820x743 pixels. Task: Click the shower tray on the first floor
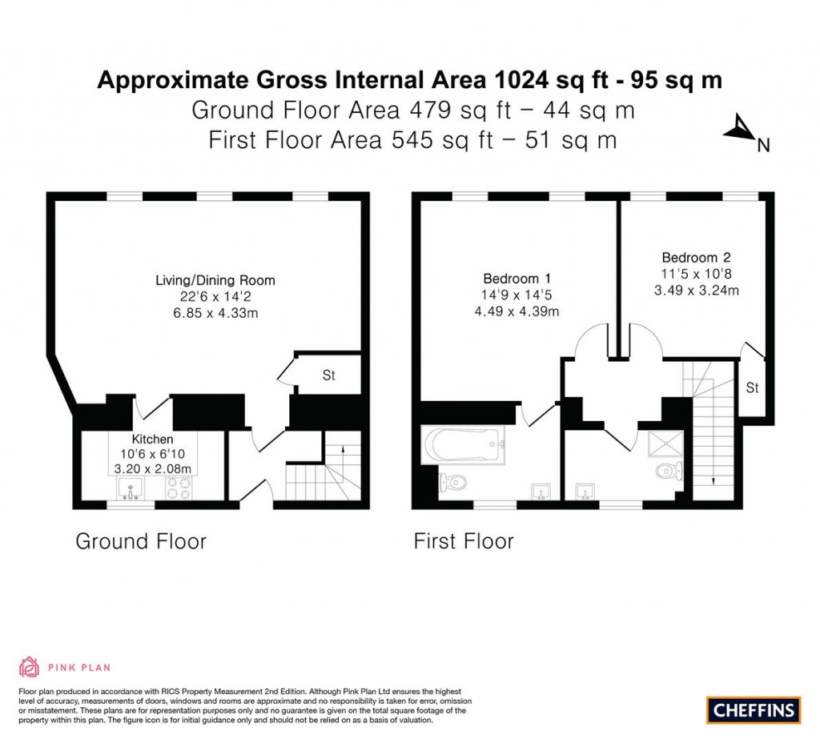coord(666,443)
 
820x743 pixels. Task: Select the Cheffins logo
coord(754,709)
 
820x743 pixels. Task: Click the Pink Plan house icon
coord(29,667)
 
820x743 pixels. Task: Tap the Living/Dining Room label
coord(215,280)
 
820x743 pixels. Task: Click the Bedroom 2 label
coord(695,257)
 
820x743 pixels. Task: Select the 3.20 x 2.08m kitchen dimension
coord(152,468)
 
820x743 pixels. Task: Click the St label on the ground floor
coord(328,375)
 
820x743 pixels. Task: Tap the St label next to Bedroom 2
coord(752,388)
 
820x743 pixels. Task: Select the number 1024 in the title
coord(525,80)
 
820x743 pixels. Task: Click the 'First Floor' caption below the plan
coord(463,541)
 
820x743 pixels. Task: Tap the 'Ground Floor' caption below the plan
coord(141,541)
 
